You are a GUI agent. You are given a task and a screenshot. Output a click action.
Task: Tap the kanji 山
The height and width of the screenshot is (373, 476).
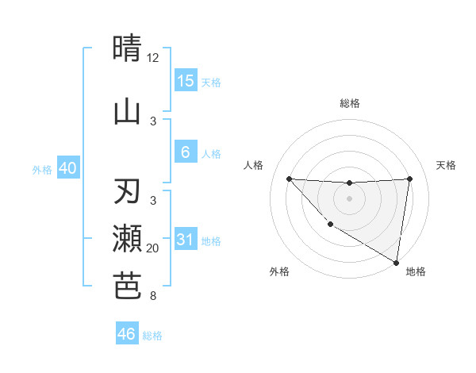point(127,112)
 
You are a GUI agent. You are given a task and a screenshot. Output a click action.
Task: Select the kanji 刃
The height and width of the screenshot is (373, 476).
point(127,193)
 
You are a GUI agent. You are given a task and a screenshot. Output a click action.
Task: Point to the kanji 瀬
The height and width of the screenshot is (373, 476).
point(127,240)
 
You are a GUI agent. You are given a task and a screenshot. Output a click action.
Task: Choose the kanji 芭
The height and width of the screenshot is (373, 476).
point(127,286)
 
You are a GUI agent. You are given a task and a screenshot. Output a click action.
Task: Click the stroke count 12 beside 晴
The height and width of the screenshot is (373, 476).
point(153,57)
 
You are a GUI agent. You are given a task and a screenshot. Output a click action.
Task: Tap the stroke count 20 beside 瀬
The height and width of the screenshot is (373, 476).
point(153,248)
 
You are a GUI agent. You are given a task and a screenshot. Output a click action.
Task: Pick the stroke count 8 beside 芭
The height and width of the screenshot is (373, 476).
point(153,296)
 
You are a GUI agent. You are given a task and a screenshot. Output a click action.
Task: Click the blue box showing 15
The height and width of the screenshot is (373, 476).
point(185,81)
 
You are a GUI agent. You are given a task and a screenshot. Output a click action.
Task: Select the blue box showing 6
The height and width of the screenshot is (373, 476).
point(185,152)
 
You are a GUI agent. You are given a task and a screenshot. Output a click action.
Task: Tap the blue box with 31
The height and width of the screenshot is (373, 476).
point(185,240)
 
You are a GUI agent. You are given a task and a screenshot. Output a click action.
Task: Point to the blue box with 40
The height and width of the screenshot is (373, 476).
point(68,168)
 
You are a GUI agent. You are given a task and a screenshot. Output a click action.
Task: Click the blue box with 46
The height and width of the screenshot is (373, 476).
point(127,334)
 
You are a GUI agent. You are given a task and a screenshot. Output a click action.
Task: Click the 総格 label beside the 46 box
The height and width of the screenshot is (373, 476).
point(152,336)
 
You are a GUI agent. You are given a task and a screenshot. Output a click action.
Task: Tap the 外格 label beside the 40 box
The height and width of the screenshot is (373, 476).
point(42,169)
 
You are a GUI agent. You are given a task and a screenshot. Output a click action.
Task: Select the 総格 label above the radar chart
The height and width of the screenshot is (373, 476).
point(349,103)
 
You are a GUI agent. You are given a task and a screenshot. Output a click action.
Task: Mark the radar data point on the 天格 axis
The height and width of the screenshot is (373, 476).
point(409,179)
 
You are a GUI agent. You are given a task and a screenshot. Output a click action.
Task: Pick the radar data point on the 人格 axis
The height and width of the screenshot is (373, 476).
point(289,179)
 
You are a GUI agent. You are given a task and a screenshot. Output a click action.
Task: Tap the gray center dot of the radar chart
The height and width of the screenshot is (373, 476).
point(349,198)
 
